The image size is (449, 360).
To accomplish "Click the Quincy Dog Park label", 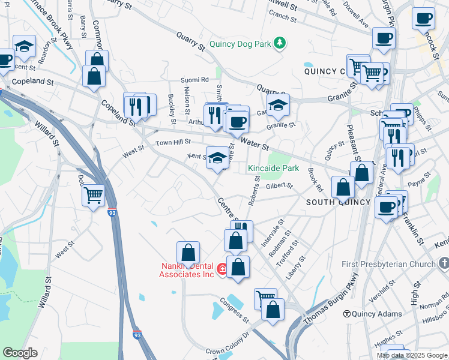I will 240,44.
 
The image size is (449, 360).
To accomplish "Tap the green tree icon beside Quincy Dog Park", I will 279,43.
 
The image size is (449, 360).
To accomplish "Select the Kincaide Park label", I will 273,169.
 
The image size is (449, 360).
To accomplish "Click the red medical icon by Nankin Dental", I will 223,269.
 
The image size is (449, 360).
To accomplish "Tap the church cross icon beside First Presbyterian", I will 444,264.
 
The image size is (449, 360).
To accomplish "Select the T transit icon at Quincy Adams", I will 346,314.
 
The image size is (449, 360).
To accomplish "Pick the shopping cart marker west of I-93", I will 93,194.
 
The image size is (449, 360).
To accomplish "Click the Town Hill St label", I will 173,142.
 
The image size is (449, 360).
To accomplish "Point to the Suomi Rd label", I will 196,79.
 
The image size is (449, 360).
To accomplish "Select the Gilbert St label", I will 279,187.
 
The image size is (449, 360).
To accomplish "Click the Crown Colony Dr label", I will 226,344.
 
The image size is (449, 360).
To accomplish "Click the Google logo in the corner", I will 20,353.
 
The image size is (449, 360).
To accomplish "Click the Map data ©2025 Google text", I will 412,355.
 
